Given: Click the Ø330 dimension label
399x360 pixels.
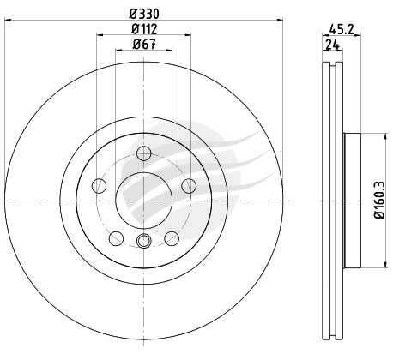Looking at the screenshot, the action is coord(144,14).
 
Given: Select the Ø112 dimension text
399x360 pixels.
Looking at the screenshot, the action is coord(144,29).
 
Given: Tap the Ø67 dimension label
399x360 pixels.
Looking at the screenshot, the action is coord(144,44).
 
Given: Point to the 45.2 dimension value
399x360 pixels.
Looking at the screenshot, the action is coord(342,29).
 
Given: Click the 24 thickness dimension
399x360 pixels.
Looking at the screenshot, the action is coord(332,45).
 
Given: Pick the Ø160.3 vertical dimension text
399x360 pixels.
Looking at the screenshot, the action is coord(380,201).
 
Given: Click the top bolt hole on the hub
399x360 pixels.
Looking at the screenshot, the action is coord(143,153).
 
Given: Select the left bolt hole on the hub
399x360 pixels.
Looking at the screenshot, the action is coord(99,186).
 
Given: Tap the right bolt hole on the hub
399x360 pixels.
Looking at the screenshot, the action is coord(189,186).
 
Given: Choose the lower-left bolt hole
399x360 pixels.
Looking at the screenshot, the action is coord(117,238).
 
